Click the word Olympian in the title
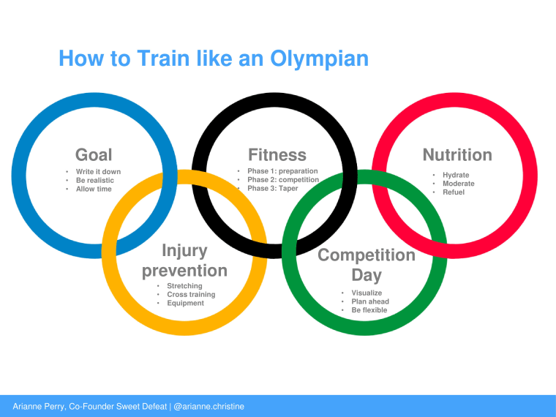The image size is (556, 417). (x=320, y=59)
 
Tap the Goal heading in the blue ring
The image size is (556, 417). (x=94, y=155)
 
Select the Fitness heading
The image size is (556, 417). (x=277, y=155)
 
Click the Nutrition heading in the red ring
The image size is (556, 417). (x=457, y=155)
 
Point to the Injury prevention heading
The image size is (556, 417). (x=185, y=261)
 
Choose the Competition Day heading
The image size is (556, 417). (x=367, y=265)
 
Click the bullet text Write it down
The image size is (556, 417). (x=98, y=172)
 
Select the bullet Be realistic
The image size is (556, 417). (x=95, y=180)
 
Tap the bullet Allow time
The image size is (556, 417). (x=94, y=189)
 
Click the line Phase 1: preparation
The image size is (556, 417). (x=282, y=171)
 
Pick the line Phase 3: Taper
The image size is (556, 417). (x=273, y=188)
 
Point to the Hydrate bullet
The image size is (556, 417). (x=456, y=175)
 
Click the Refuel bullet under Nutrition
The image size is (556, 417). (x=454, y=192)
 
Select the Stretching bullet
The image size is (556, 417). (x=184, y=286)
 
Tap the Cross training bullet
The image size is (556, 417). (x=191, y=295)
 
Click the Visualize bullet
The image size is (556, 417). (x=367, y=293)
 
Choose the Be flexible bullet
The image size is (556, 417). (x=369, y=310)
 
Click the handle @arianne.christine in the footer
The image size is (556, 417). (x=209, y=406)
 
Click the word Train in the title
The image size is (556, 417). (x=163, y=58)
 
